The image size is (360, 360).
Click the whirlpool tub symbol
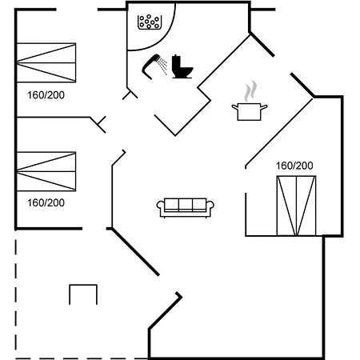[x=150, y=22]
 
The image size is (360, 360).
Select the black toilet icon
[x=182, y=66]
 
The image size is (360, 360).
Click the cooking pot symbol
[x=250, y=111]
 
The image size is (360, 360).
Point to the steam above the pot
[x=250, y=91]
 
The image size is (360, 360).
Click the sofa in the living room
[x=186, y=208]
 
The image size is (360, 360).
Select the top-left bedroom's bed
[x=46, y=62]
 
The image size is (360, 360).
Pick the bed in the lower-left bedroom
[x=46, y=171]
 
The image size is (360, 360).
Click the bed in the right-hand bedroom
[x=296, y=206]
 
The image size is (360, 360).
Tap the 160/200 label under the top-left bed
[x=46, y=95]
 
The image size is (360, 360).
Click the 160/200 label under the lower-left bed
[x=46, y=203]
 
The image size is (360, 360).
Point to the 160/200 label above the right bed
[x=294, y=166]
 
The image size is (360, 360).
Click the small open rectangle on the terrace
[x=83, y=285]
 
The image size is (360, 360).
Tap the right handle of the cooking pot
[x=264, y=107]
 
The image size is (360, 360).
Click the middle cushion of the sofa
[x=186, y=205]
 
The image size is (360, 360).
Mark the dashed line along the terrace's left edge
[x=16, y=298]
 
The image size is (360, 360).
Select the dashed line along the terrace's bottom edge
[x=82, y=358]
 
